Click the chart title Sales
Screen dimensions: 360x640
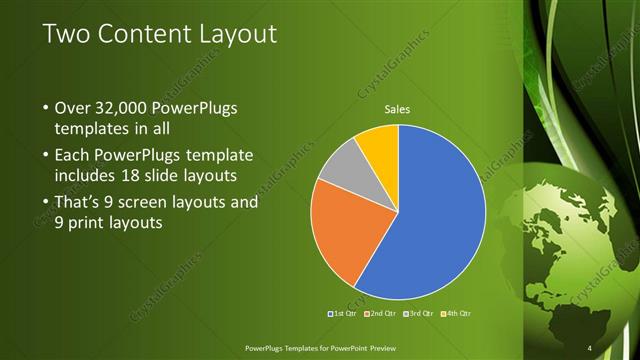pos(398,109)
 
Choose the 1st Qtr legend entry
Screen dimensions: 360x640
pos(343,314)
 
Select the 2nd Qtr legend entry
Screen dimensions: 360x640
pos(383,314)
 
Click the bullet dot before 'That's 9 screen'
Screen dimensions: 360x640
pos(44,202)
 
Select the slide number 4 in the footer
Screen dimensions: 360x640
pos(590,347)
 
